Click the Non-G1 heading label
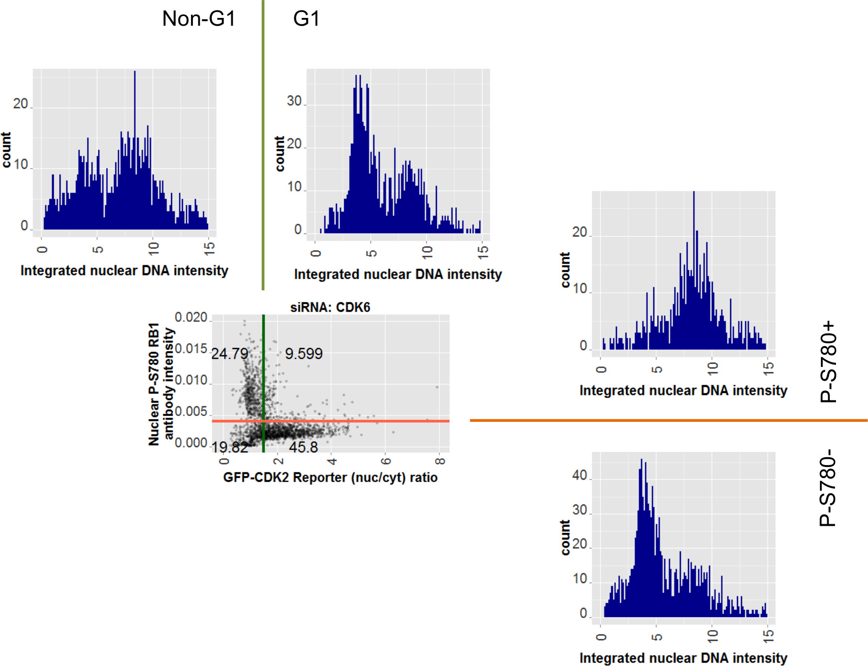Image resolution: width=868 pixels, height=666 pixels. coord(199,19)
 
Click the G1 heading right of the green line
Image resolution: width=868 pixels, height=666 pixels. coord(306,19)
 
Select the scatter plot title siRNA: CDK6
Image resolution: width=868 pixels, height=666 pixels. coord(330,307)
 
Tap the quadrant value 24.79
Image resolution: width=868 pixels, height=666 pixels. coord(230,353)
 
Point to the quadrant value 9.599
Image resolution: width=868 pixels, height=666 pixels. coord(304,353)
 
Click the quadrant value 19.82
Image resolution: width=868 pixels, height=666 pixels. coord(230,447)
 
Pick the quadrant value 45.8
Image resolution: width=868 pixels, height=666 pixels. coord(304,447)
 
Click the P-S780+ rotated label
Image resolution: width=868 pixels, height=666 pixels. coord(828,362)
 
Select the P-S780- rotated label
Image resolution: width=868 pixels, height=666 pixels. coord(828,488)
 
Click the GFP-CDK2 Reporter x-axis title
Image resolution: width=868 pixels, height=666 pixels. coord(330,477)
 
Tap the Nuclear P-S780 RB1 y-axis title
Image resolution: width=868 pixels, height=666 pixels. coord(161,383)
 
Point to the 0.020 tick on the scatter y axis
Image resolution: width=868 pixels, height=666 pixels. coord(191,317)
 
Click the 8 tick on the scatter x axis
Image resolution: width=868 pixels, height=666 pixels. coord(440,461)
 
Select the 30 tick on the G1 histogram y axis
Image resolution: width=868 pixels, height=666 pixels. coord(294,101)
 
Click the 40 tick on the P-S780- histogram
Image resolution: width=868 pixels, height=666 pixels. coord(579,475)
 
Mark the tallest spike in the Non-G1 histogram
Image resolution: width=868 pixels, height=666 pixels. coord(135,73)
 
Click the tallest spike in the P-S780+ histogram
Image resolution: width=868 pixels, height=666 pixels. coord(694,193)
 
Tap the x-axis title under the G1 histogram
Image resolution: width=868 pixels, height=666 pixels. coord(398,274)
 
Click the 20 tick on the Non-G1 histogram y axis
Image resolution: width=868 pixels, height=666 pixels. coord(20,104)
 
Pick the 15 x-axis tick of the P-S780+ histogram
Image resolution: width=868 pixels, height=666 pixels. coord(768,368)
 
